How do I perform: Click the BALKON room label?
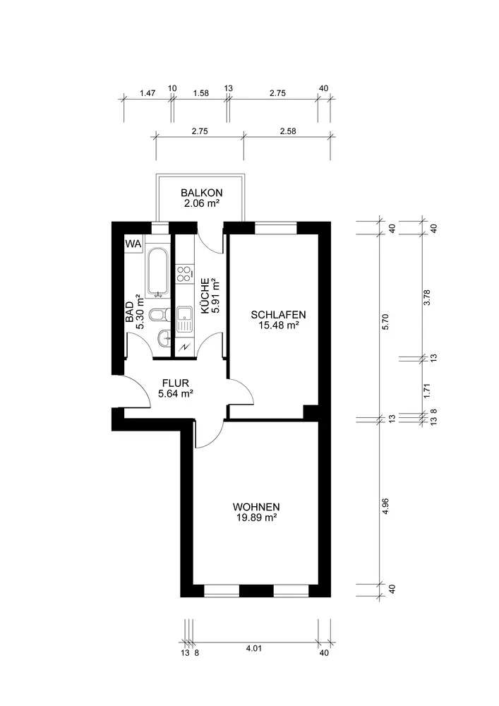pos(202,193)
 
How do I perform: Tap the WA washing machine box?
pos(133,244)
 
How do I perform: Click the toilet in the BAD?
pos(159,315)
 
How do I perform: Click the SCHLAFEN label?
pos(279,315)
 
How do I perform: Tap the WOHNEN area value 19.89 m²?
pos(256,517)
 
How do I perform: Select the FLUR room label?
pos(176,383)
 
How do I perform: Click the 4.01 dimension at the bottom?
pos(254,648)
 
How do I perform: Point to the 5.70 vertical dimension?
pos(385,322)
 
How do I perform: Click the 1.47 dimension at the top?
pos(148,93)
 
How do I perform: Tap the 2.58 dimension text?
pos(288,131)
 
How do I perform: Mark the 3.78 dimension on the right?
pos(428,297)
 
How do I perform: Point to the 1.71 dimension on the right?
pos(428,390)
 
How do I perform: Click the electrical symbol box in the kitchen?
pos(184,346)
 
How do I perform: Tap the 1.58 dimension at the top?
pos(201,93)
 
